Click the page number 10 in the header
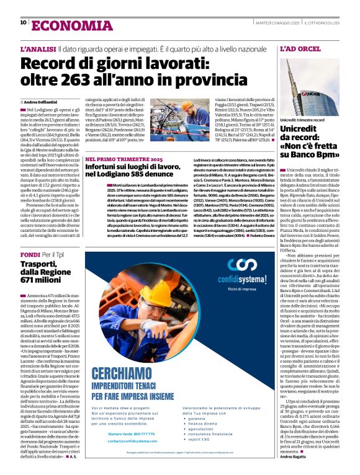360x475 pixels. [x=24, y=22]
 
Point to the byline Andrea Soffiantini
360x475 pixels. [x=44, y=101]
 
